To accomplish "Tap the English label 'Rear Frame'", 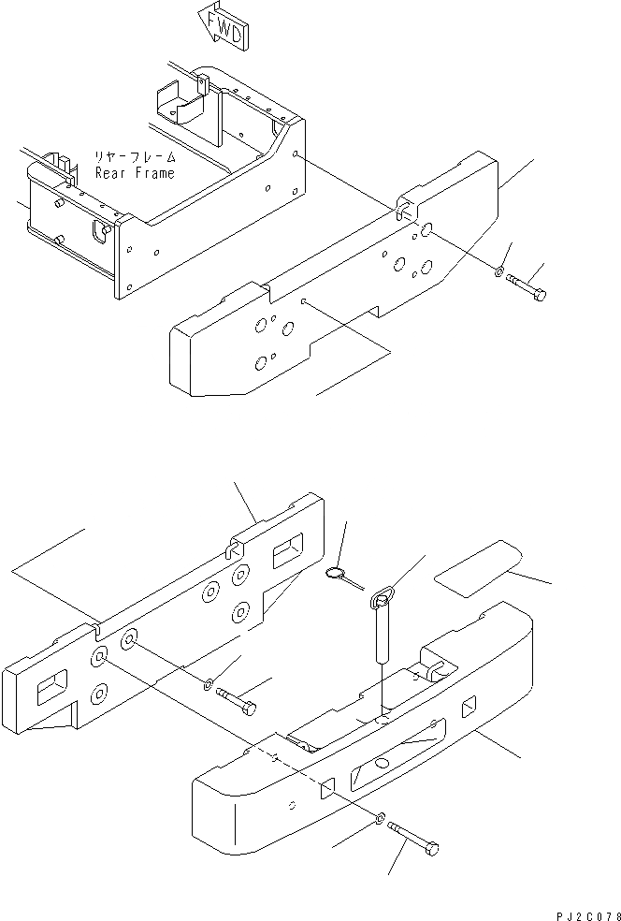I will [133, 173].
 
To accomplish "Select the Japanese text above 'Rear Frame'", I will [133, 158].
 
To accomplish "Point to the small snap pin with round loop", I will [342, 577].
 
